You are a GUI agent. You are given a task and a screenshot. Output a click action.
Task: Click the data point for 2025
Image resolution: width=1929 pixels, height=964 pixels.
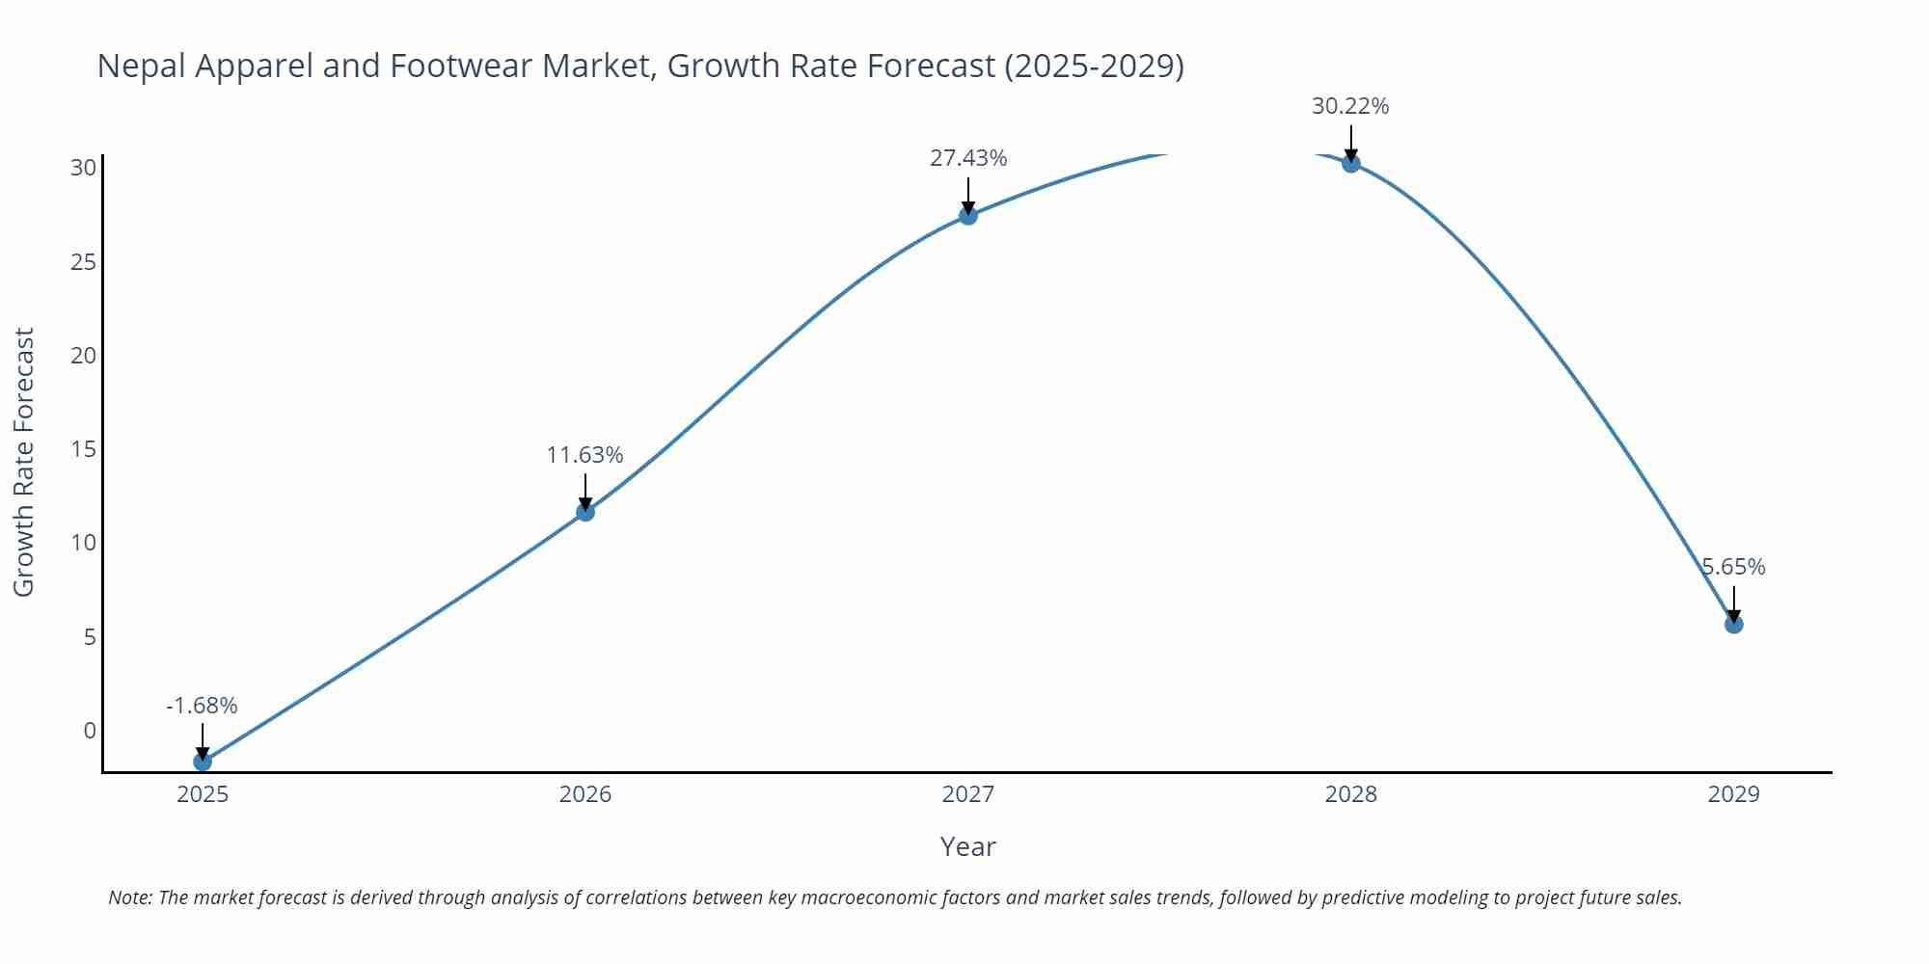point(203,762)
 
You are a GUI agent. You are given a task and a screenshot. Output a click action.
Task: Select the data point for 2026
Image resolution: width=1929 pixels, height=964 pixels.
point(585,512)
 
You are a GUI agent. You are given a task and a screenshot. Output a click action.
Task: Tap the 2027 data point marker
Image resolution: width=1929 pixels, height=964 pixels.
point(968,216)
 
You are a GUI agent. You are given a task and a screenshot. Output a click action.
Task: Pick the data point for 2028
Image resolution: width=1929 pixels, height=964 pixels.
point(1351,163)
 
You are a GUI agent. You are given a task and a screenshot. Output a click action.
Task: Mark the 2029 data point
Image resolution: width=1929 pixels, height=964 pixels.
point(1734,625)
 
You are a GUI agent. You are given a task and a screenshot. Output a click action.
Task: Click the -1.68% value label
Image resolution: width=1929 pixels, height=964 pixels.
point(202,706)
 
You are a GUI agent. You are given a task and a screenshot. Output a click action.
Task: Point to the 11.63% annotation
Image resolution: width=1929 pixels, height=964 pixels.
point(584,455)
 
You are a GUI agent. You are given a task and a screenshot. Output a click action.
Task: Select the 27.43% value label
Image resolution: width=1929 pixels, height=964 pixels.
point(968,158)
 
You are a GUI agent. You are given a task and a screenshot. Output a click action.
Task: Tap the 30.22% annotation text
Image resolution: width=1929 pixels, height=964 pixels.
point(1350,106)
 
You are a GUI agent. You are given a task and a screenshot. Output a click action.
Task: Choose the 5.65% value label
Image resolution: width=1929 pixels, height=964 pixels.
point(1733,567)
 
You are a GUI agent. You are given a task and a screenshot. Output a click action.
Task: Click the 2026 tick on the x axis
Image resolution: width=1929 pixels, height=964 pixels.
point(585,794)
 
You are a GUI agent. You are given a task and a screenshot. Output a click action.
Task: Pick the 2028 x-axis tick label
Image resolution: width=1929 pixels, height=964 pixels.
point(1351,794)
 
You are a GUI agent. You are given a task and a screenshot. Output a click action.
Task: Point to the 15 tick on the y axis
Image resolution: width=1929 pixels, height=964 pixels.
point(84,449)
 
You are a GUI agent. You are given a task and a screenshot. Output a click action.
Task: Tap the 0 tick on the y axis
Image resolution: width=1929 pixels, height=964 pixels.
point(90,731)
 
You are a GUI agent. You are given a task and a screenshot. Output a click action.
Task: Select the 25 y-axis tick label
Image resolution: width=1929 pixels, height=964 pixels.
point(84,262)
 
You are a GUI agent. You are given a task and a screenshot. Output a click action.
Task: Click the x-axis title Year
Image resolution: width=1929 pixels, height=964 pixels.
point(967,846)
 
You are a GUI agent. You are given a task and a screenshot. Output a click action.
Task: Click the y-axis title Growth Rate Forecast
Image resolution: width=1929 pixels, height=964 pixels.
point(24,462)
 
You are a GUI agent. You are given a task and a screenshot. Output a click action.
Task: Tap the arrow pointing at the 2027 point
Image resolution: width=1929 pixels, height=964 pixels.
point(968,196)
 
